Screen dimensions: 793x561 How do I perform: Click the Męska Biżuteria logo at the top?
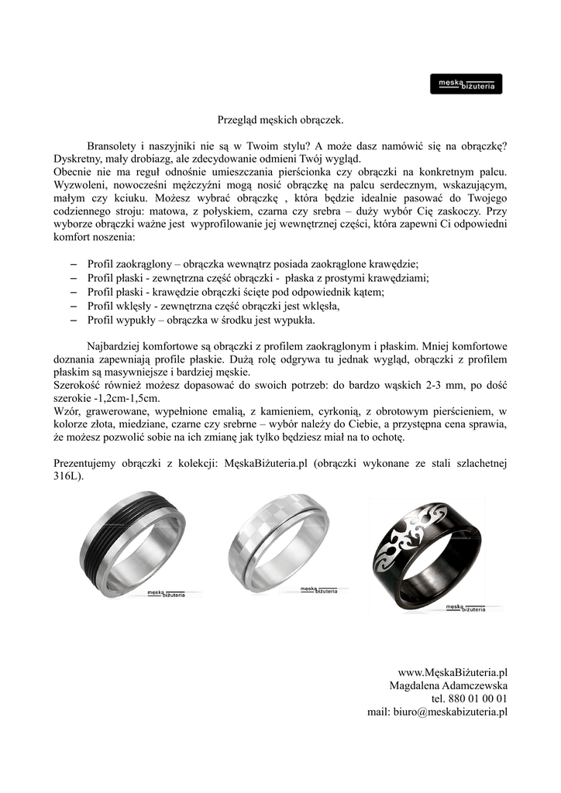click(x=466, y=84)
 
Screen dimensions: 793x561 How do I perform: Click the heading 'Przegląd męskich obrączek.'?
click(x=280, y=120)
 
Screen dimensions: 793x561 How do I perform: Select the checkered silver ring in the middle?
click(x=277, y=543)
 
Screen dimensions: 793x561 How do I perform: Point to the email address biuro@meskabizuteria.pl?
click(x=437, y=712)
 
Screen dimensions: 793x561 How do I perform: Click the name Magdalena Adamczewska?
click(x=448, y=685)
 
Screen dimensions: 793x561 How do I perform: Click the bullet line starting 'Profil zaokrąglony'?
click(x=253, y=263)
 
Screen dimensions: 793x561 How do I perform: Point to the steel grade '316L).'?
click(x=69, y=477)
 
